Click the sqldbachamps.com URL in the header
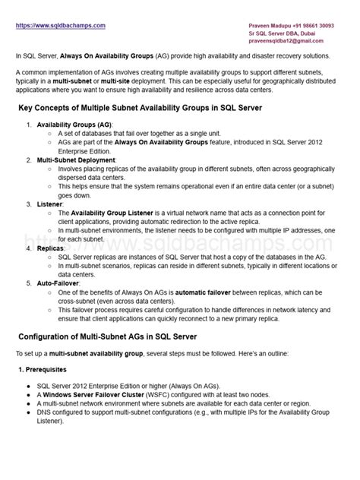pyautogui.click(x=60, y=25)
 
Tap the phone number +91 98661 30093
pyautogui.click(x=317, y=26)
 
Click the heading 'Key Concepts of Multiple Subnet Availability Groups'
pyautogui.click(x=140, y=109)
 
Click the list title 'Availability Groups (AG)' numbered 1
pyautogui.click(x=74, y=124)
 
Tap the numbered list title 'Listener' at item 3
pyautogui.click(x=49, y=204)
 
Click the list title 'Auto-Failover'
pyautogui.click(x=59, y=283)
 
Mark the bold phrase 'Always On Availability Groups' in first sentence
pyautogui.click(x=113, y=56)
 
